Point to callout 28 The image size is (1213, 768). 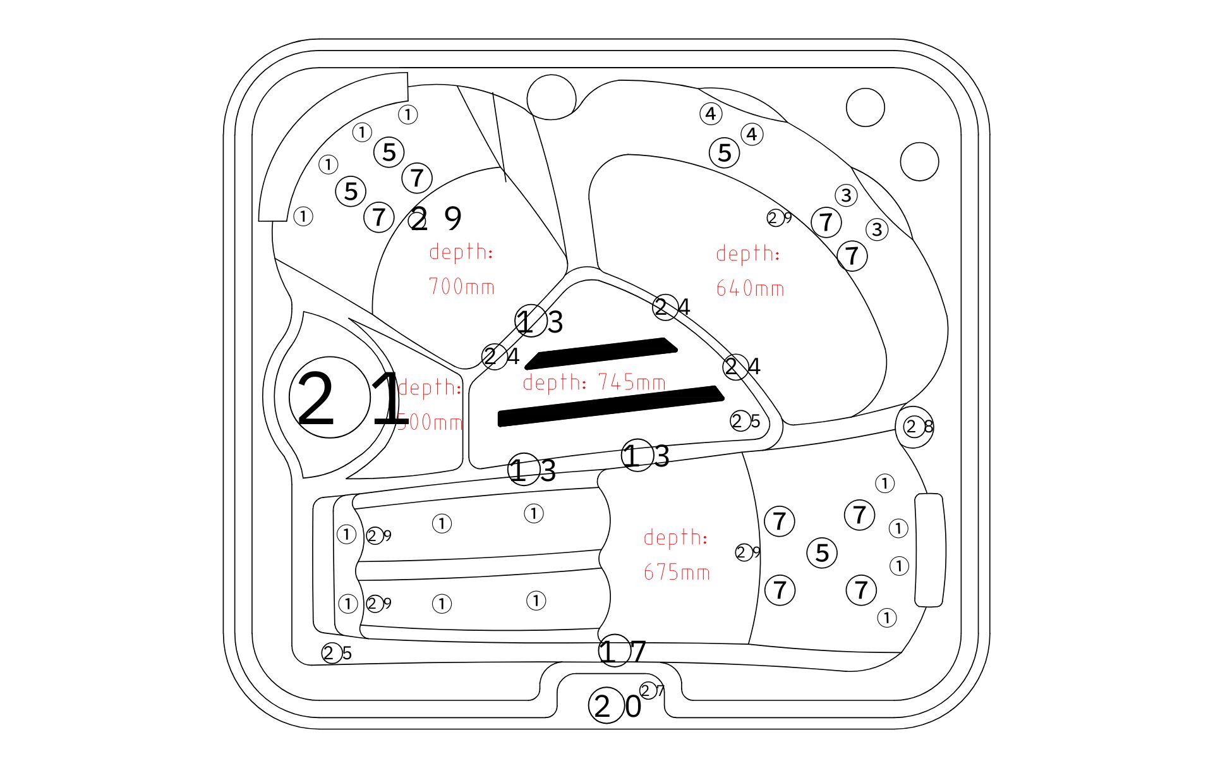click(x=918, y=427)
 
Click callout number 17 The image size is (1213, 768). click(x=622, y=651)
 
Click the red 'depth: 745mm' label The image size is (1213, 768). click(x=594, y=382)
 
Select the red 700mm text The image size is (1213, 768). click(x=461, y=287)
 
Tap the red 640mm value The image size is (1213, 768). click(x=750, y=289)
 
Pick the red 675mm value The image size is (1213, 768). click(x=677, y=573)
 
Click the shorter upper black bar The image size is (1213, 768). click(x=601, y=353)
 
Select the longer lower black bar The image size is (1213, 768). click(x=610, y=406)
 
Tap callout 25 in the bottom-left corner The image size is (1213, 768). click(x=337, y=653)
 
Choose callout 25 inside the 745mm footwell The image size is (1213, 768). click(x=745, y=421)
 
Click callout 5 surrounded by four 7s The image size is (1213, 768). click(x=822, y=552)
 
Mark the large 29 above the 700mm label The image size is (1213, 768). click(x=436, y=219)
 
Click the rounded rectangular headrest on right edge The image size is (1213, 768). click(x=929, y=550)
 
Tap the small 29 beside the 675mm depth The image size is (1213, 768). click(x=747, y=552)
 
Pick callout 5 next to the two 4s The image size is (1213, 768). click(x=725, y=152)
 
